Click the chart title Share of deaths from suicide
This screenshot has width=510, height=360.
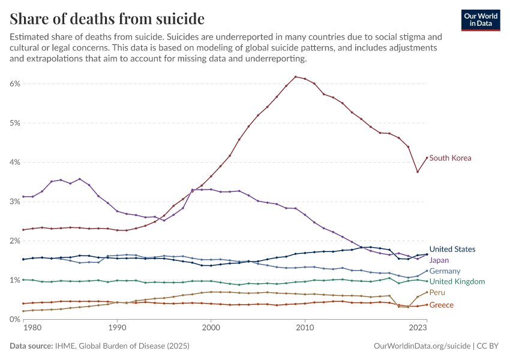click(107, 19)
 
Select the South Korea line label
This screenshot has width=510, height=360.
click(450, 158)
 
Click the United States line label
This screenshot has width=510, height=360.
click(452, 249)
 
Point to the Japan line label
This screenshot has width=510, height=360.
click(439, 260)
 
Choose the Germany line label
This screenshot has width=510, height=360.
click(445, 271)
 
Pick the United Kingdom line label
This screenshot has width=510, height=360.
click(457, 281)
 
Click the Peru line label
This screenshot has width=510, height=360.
click(437, 292)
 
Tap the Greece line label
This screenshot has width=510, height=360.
click(442, 305)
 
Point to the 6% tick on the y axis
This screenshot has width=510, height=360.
click(15, 84)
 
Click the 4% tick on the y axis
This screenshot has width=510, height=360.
click(15, 163)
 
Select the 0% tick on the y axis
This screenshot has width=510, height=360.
click(15, 319)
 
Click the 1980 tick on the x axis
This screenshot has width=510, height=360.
click(32, 328)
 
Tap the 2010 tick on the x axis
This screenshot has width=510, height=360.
click(305, 328)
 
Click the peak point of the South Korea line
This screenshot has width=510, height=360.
click(296, 77)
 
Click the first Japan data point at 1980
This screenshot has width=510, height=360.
click(23, 197)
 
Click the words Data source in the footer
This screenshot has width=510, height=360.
click(31, 346)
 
